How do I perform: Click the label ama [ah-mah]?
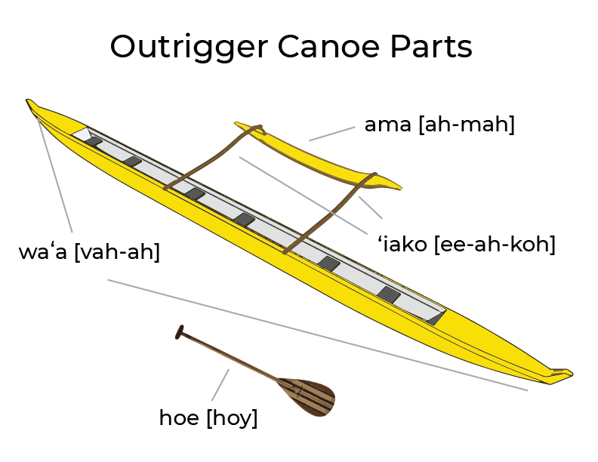[439, 125]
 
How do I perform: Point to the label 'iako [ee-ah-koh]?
[466, 245]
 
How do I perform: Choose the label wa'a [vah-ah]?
[89, 252]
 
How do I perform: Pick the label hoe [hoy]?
[208, 417]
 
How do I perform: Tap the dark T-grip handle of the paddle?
[180, 331]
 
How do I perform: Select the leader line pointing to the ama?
[331, 134]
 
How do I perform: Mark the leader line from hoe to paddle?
[220, 385]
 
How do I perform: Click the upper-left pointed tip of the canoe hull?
[31, 103]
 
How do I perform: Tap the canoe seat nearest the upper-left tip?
[94, 141]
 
